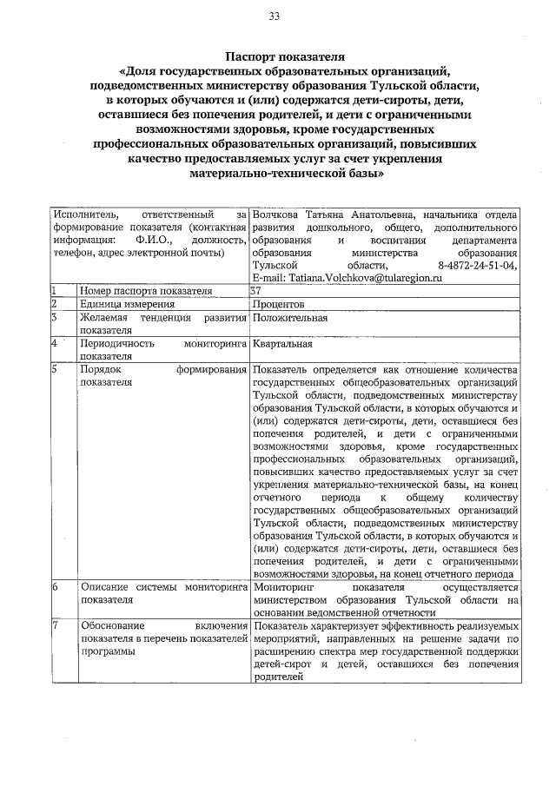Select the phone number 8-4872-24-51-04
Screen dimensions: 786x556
[x=479, y=264]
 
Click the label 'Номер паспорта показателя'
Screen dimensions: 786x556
[x=146, y=290]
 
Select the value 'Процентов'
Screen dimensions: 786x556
[x=278, y=304]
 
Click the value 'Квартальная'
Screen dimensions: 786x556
[x=284, y=344]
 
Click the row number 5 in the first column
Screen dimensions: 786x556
[x=54, y=370]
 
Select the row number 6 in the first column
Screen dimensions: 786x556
[x=54, y=587]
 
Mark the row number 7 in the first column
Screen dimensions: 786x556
[x=54, y=625]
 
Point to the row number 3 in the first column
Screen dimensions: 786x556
[x=54, y=318]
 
